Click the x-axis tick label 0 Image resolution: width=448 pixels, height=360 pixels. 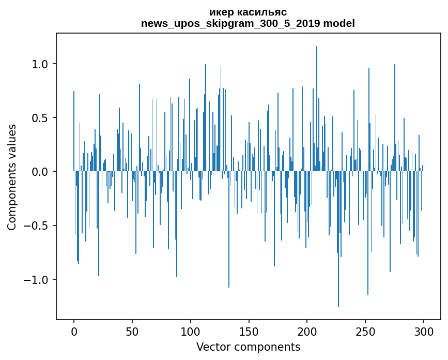[74, 332]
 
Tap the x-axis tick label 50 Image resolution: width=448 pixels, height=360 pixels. [132, 332]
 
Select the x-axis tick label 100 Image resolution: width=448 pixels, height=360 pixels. [190, 332]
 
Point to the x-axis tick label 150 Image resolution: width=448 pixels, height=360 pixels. [249, 332]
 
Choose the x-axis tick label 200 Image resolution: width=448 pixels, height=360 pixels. [307, 332]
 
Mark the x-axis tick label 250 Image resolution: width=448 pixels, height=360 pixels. [365, 332]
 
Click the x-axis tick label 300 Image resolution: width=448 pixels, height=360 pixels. [423, 332]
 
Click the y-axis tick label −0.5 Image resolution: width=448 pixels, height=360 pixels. [36, 226]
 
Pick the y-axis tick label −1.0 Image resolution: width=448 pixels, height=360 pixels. [36, 280]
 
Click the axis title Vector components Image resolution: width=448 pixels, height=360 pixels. [248, 347]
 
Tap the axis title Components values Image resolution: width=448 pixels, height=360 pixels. [12, 177]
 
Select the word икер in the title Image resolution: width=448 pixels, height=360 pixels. [221, 12]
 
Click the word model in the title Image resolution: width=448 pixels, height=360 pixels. [339, 23]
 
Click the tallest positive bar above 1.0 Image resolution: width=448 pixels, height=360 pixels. [316, 109]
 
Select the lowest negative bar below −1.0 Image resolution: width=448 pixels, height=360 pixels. [338, 239]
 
